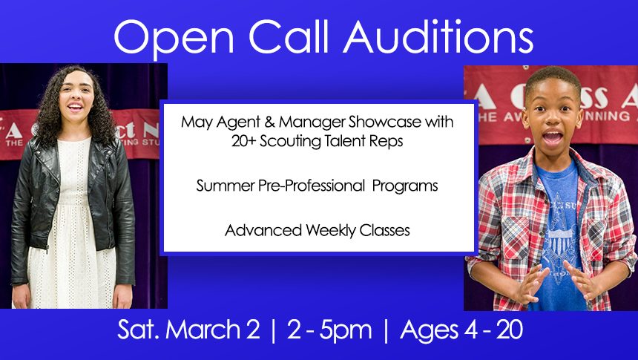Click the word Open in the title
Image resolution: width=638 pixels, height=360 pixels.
tap(174, 38)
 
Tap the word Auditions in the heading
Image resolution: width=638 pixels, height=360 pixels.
tap(438, 36)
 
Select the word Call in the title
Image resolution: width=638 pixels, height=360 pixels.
tap(288, 36)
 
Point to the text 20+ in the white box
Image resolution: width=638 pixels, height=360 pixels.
tap(244, 141)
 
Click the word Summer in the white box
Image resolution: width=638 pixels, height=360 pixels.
tap(225, 186)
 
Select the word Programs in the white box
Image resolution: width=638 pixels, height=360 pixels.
tap(405, 186)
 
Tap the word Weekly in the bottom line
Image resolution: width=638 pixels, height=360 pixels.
tap(331, 231)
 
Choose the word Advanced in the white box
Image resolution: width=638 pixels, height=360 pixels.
tap(263, 231)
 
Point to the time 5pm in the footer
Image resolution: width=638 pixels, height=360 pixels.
tap(346, 330)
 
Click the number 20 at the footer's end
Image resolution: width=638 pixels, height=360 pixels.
tap(510, 330)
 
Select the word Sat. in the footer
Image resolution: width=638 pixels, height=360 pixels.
tap(139, 329)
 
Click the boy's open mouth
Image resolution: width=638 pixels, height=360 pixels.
tap(553, 137)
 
